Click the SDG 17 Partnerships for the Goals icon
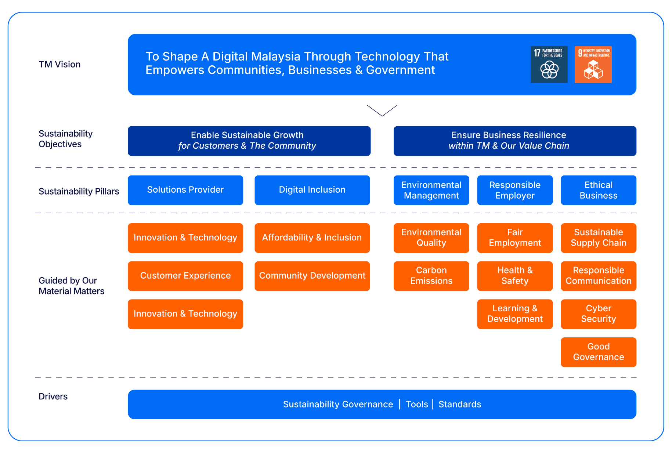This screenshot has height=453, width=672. pyautogui.click(x=549, y=65)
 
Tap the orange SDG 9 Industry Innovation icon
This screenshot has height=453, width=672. pyautogui.click(x=593, y=65)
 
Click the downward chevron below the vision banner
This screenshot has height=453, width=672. pyautogui.click(x=382, y=110)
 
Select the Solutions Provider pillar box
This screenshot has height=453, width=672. pyautogui.click(x=185, y=190)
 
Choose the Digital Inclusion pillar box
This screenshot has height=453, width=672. pyautogui.click(x=312, y=190)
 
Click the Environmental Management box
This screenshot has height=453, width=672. pyautogui.click(x=431, y=190)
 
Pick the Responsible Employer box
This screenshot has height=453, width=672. pyautogui.click(x=515, y=190)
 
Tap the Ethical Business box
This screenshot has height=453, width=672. pyautogui.click(x=599, y=190)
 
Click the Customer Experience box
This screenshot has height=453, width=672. pyautogui.click(x=185, y=276)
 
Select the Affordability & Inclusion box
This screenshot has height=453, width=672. pyautogui.click(x=312, y=238)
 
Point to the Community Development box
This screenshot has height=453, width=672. pyautogui.click(x=312, y=276)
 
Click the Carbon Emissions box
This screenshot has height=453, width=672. pyautogui.click(x=431, y=276)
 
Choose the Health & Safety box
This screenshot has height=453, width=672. pyautogui.click(x=515, y=276)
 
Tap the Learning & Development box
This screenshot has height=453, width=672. pyautogui.click(x=515, y=314)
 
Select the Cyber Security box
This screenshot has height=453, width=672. pyautogui.click(x=599, y=314)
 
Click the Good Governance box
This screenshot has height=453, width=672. pyautogui.click(x=599, y=352)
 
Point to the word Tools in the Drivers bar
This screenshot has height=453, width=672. pyautogui.click(x=417, y=404)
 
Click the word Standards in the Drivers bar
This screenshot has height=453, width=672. pyautogui.click(x=460, y=404)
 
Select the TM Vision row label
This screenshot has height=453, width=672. pyautogui.click(x=59, y=65)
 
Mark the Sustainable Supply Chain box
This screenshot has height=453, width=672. pyautogui.click(x=599, y=238)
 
